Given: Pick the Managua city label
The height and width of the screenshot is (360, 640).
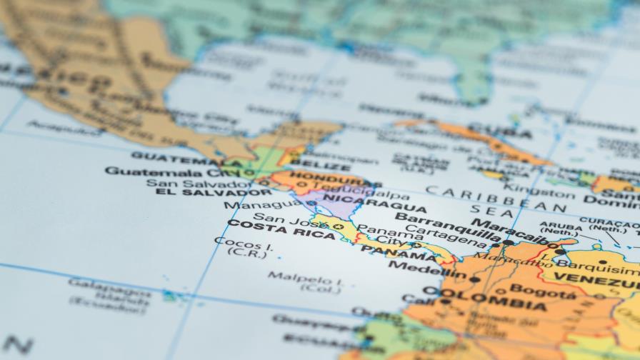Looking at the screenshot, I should [252, 205].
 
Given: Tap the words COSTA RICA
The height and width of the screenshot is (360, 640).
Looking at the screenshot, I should [281, 229].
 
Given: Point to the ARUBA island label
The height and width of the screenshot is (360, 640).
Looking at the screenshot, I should [561, 226].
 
